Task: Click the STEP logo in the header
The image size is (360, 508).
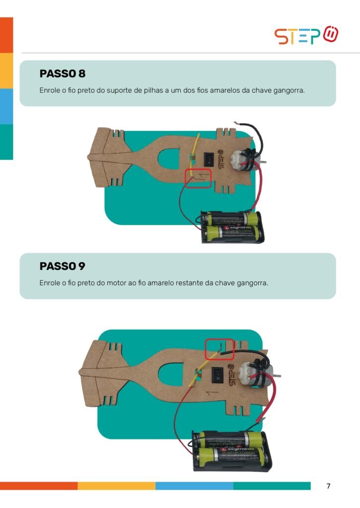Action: [x=306, y=35]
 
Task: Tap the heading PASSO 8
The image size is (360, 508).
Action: [x=63, y=73]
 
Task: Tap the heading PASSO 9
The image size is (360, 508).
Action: [x=62, y=266]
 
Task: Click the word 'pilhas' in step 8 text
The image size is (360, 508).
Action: [x=153, y=90]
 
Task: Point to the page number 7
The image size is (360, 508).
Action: [x=328, y=486]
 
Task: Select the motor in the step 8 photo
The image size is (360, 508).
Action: [x=245, y=160]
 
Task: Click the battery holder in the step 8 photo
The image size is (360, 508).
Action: [x=232, y=227]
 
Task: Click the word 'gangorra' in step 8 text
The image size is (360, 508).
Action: [x=289, y=91]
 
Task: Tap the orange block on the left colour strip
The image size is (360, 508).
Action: [x=6, y=35]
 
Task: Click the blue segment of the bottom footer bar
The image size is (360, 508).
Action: [x=194, y=486]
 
